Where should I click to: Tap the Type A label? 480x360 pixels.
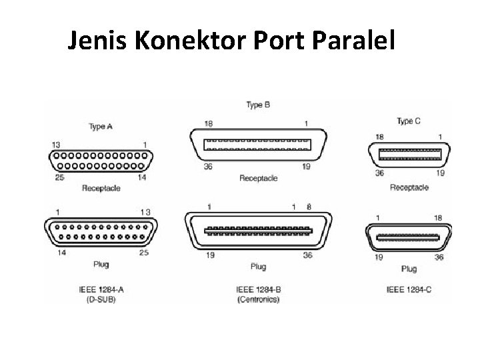pyautogui.click(x=101, y=126)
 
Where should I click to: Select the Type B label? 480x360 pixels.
pyautogui.click(x=258, y=105)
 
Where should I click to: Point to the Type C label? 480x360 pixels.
pyautogui.click(x=409, y=121)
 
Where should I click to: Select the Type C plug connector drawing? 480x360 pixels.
pyautogui.click(x=409, y=237)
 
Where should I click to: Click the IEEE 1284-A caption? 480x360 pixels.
pyautogui.click(x=99, y=290)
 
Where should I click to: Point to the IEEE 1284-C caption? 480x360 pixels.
pyautogui.click(x=409, y=290)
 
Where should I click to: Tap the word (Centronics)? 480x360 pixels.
pyautogui.click(x=258, y=300)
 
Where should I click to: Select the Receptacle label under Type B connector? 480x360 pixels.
pyautogui.click(x=258, y=179)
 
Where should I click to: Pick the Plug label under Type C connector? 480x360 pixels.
pyautogui.click(x=409, y=269)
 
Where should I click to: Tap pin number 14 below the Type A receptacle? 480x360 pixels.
pyautogui.click(x=142, y=177)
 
